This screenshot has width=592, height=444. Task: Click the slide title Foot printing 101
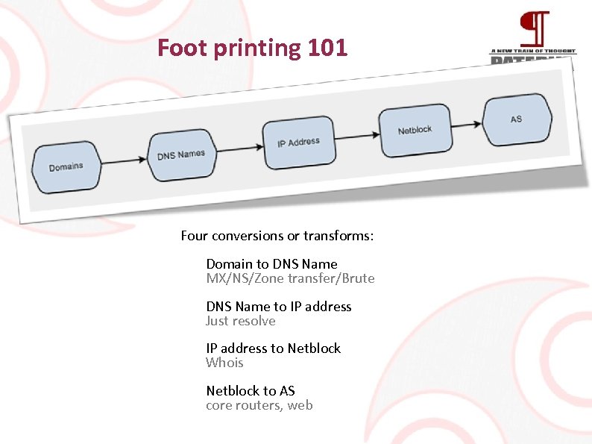click(252, 49)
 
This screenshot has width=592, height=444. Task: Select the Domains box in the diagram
click(66, 167)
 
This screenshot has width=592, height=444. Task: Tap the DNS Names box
click(181, 155)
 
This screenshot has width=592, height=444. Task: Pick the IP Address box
click(298, 142)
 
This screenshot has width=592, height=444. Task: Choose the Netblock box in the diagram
click(415, 130)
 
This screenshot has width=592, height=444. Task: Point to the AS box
click(516, 119)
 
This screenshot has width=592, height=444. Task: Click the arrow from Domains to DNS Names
click(125, 160)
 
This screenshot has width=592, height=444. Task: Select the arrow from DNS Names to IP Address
click(239, 148)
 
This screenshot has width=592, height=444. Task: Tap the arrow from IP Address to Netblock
click(356, 136)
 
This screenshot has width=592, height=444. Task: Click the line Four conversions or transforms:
click(277, 237)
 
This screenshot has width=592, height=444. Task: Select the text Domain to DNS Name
click(271, 264)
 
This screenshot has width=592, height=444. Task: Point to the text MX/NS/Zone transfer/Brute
click(290, 278)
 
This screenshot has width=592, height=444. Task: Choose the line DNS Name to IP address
click(279, 307)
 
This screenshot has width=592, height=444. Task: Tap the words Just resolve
click(241, 321)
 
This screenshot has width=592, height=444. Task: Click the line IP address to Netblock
click(273, 348)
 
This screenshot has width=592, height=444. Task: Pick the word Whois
click(224, 363)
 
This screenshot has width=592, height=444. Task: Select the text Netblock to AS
click(251, 391)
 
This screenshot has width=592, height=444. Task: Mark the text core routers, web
click(259, 405)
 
